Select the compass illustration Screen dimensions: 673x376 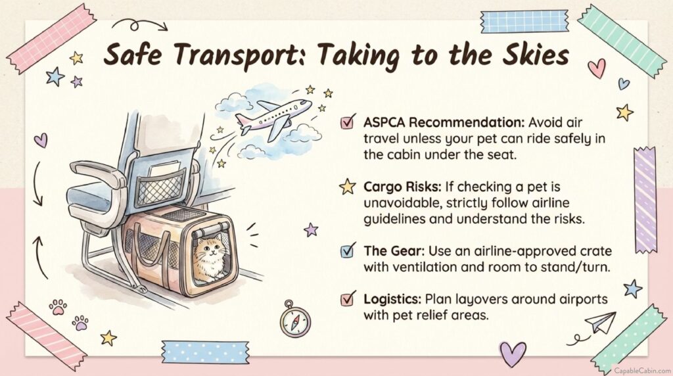295,319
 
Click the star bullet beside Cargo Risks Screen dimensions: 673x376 347,187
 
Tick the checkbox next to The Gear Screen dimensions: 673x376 348,250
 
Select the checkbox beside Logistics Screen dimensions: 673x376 348,298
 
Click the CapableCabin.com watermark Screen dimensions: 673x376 642,371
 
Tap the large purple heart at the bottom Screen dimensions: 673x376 513,353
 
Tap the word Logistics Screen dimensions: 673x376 392,298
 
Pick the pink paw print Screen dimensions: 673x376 58,307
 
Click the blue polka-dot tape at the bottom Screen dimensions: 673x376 205,352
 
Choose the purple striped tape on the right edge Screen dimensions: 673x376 645,200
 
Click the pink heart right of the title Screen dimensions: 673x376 597,68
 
